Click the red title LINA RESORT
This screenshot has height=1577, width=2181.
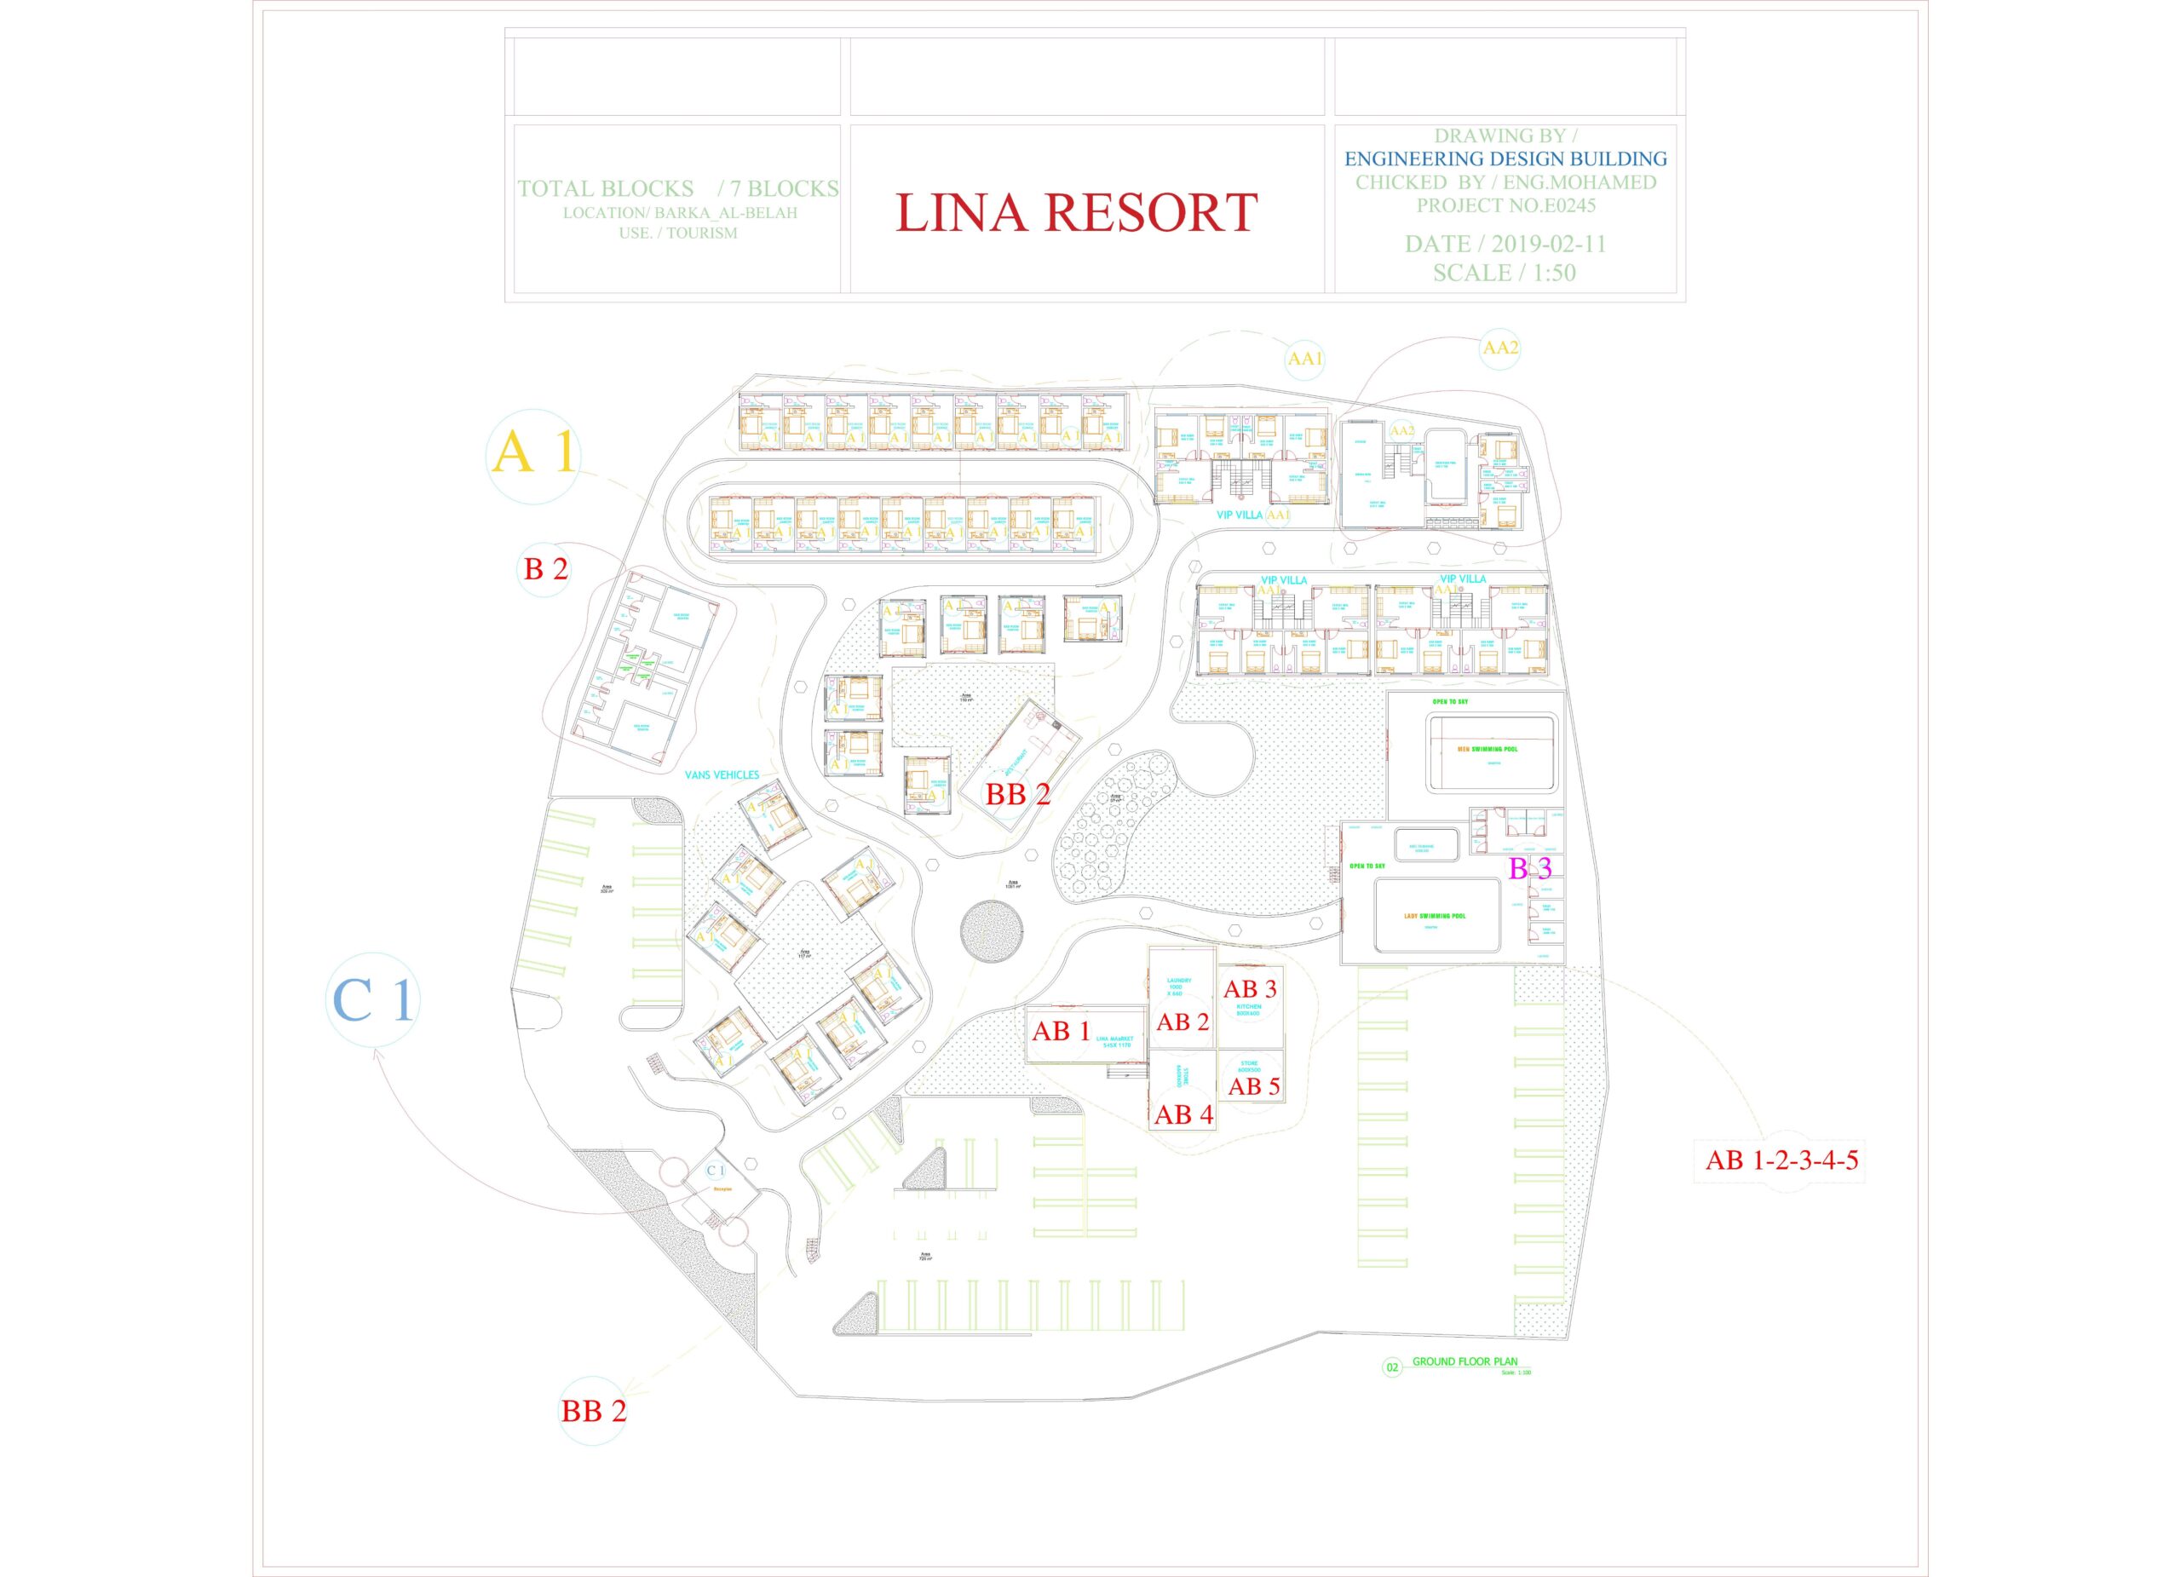click(x=1076, y=212)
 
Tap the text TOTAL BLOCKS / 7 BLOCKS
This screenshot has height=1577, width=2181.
click(x=677, y=188)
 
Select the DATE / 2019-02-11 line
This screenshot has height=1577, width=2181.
click(x=1505, y=245)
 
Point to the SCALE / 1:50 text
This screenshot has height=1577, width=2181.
click(x=1504, y=273)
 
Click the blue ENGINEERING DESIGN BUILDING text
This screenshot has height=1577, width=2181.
click(x=1505, y=158)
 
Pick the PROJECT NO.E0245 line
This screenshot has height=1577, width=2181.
click(x=1505, y=204)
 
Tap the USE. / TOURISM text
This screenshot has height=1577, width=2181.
click(x=678, y=233)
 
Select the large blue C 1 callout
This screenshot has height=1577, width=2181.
click(x=373, y=1000)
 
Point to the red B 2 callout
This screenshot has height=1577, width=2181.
click(x=545, y=568)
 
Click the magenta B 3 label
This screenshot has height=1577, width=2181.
click(x=1530, y=868)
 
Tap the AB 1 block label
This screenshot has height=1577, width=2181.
click(x=1061, y=1031)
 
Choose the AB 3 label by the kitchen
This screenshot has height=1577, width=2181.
click(x=1249, y=988)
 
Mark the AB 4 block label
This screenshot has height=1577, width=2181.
click(x=1183, y=1114)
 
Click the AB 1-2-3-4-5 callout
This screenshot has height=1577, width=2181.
click(x=1781, y=1160)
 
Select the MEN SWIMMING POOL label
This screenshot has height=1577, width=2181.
click(x=1487, y=748)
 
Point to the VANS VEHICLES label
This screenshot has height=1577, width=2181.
click(x=722, y=774)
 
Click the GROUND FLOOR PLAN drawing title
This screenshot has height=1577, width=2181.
click(x=1464, y=1361)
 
